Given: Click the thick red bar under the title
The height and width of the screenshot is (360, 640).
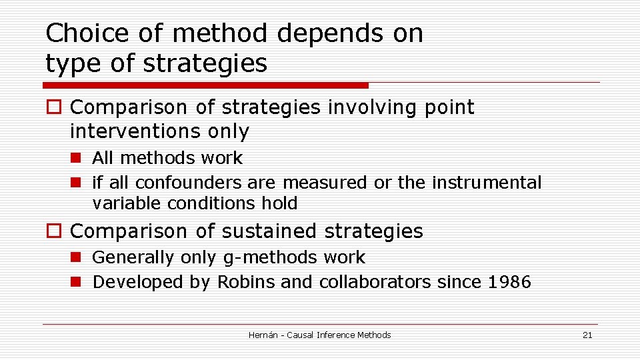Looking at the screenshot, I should pos(205,85).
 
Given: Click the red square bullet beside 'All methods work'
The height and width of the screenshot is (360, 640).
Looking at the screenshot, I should pos(75,158).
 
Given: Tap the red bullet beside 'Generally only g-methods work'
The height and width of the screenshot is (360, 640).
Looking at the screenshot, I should pos(75,257).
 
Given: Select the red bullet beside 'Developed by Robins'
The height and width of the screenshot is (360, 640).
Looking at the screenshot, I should pos(75,282).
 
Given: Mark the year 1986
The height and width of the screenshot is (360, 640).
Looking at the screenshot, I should pos(509,282).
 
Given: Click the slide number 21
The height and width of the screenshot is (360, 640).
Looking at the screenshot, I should pos(587,335).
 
